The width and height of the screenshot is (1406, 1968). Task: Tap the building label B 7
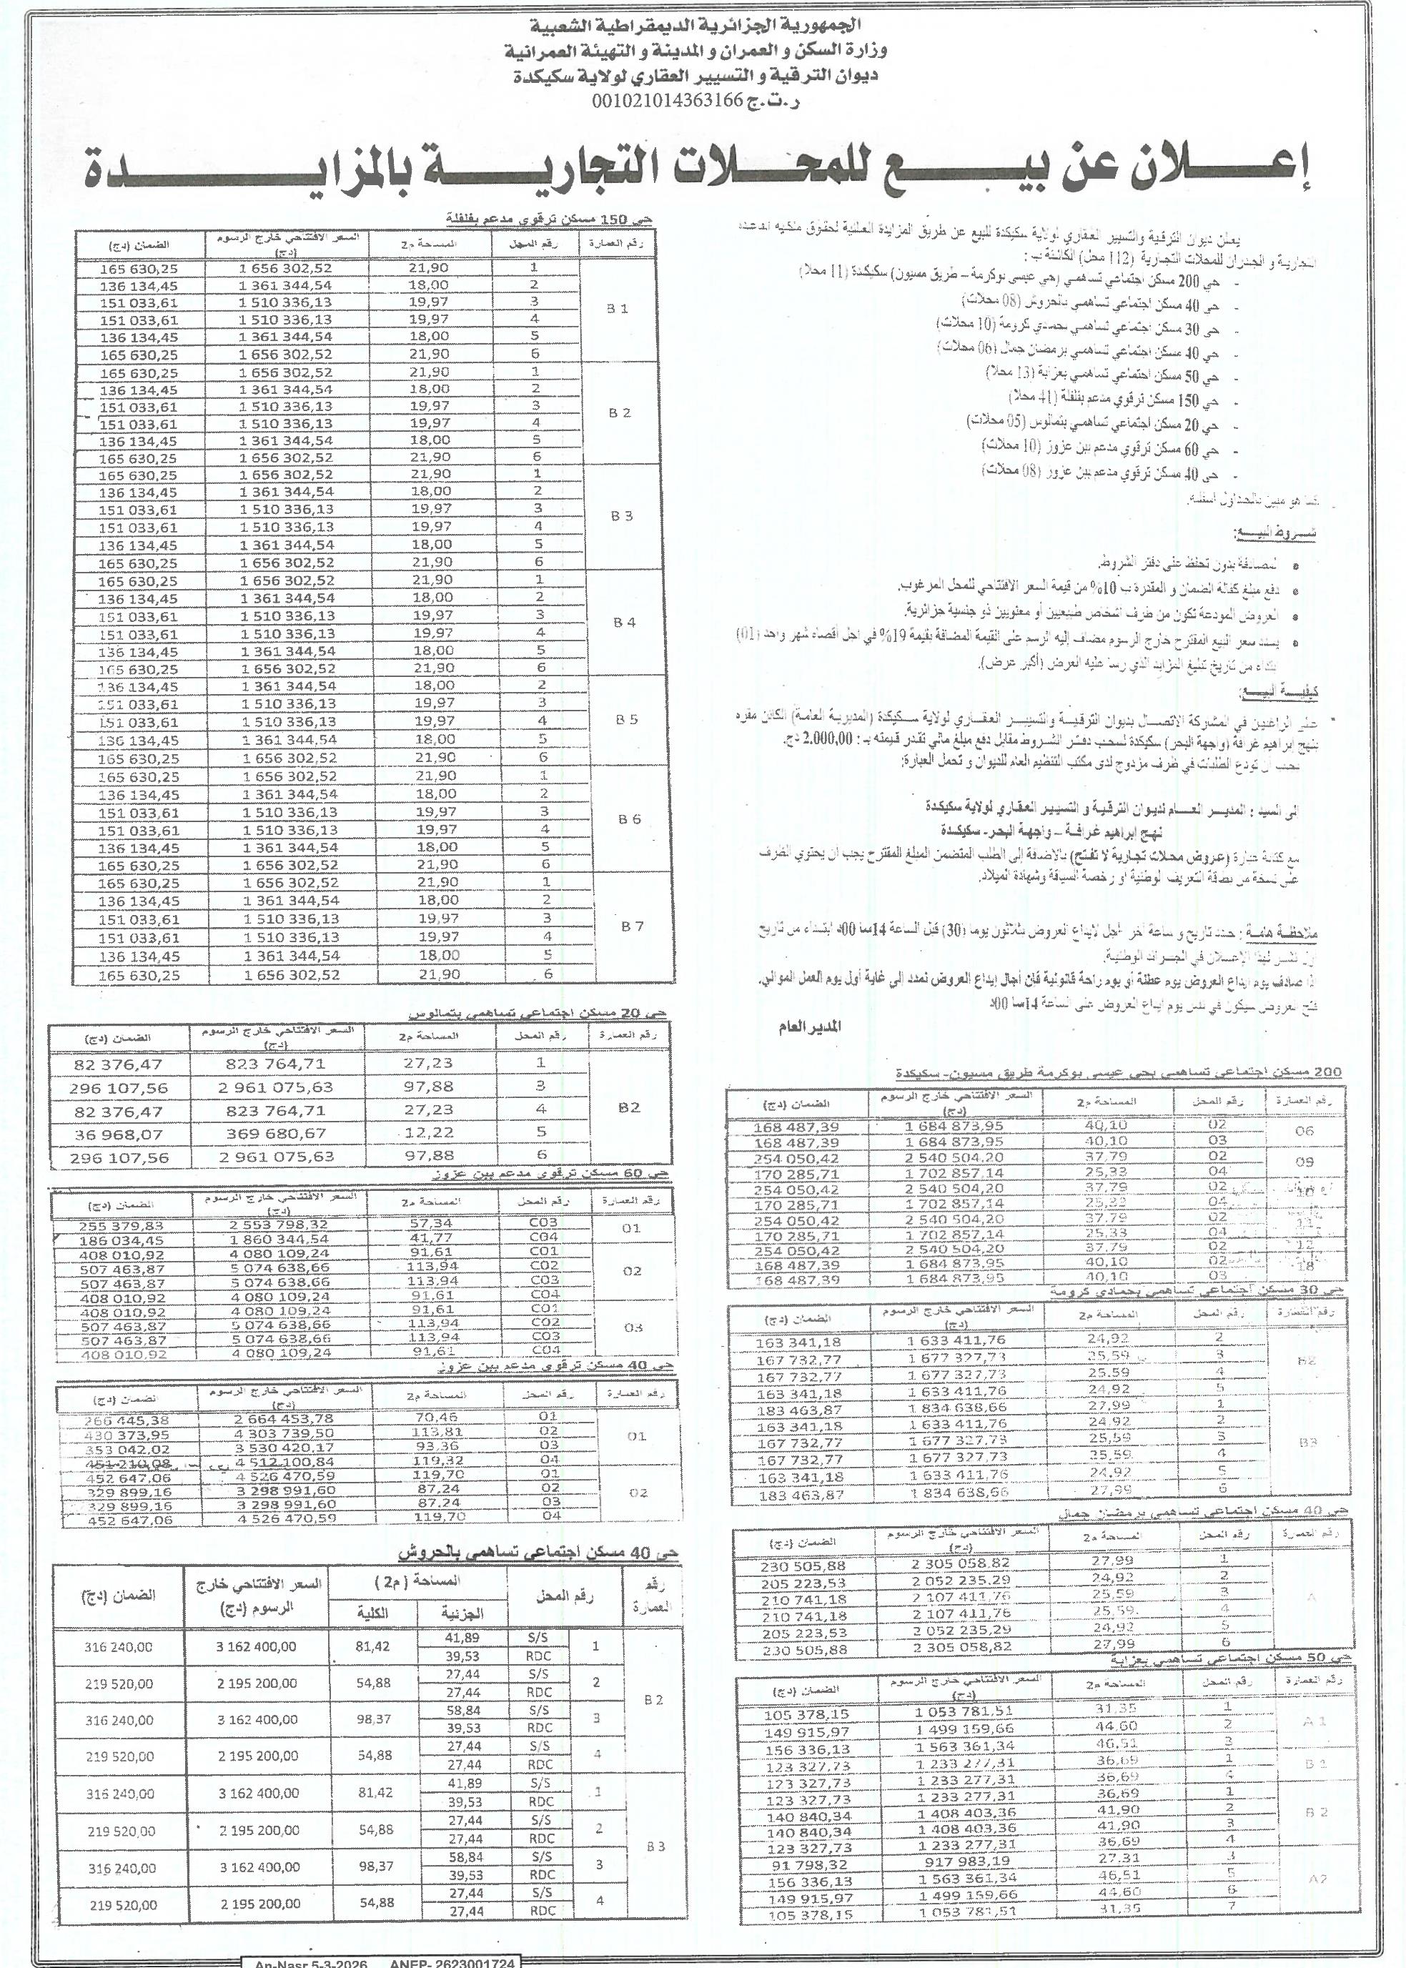(x=633, y=926)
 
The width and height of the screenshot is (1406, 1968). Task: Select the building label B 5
(x=626, y=719)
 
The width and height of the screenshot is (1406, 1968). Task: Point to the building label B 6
(x=630, y=819)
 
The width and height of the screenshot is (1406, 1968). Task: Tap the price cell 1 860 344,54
(x=279, y=1239)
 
